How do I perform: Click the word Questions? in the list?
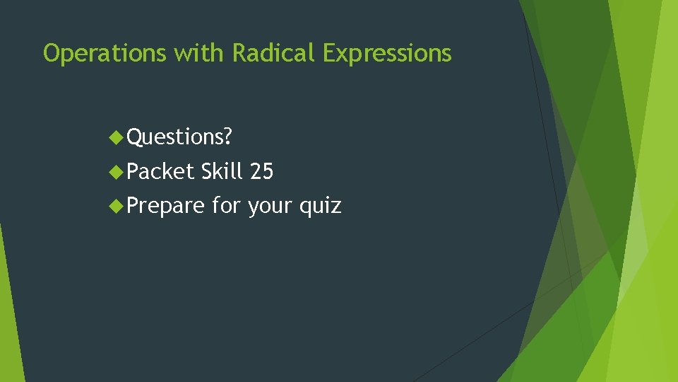pyautogui.click(x=179, y=137)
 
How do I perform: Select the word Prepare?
pyautogui.click(x=166, y=207)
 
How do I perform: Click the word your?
pyautogui.click(x=270, y=207)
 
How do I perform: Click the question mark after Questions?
pyautogui.click(x=227, y=137)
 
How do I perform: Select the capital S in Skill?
pyautogui.click(x=207, y=171)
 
